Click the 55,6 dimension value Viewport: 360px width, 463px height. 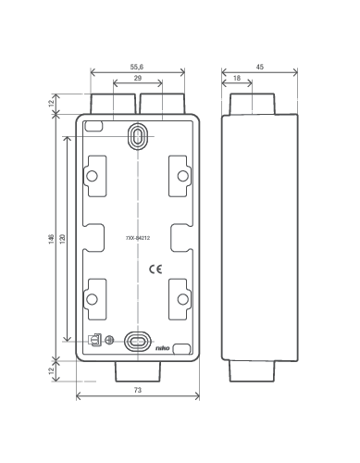coord(137,67)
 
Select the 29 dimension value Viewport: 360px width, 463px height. coord(138,78)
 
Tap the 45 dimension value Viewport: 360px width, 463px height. coord(260,67)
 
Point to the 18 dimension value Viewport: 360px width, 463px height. coord(237,78)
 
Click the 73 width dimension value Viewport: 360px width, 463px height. coord(138,390)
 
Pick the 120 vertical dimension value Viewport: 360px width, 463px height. coord(62,238)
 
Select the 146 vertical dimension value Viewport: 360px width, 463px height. coord(51,239)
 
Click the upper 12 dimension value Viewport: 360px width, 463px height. coord(52,100)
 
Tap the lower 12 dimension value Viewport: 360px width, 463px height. coord(52,369)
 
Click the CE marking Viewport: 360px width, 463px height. coord(155,269)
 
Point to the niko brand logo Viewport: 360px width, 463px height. coord(163,348)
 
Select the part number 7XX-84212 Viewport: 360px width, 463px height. coord(138,238)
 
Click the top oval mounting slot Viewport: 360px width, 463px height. coord(138,136)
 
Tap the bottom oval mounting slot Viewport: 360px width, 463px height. coord(138,342)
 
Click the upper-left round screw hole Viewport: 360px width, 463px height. coord(92,176)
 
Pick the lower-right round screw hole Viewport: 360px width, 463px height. coord(183,299)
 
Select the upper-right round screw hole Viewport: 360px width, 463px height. coord(183,176)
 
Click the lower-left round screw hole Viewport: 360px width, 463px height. coord(92,299)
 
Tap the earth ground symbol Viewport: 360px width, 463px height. coord(109,340)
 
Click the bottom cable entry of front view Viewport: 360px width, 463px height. coord(138,371)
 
